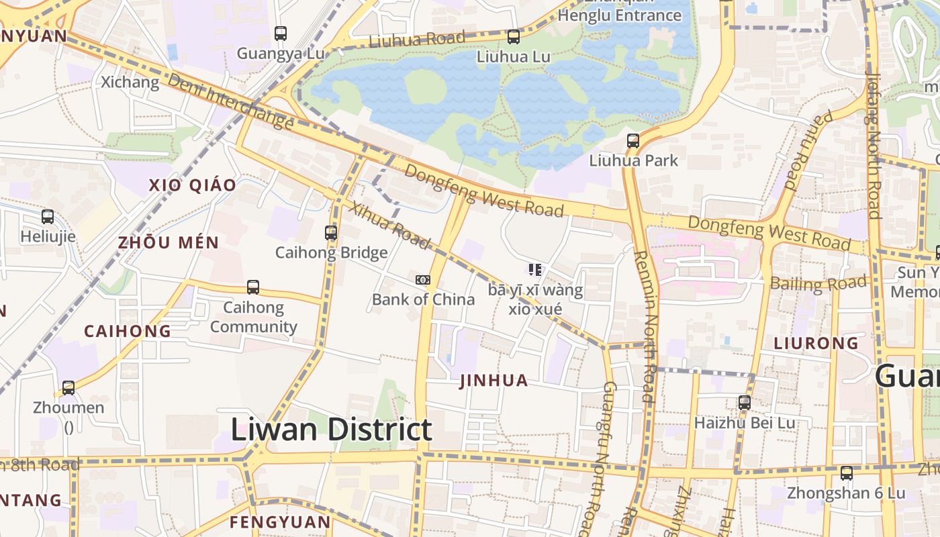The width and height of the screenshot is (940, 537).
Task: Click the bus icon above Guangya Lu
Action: (281, 33)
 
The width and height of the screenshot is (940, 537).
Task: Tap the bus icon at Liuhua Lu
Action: (514, 37)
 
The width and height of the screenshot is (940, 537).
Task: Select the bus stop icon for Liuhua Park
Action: (633, 141)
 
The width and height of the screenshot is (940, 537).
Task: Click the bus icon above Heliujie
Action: (48, 217)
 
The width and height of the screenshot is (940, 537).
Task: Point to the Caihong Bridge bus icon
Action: (331, 233)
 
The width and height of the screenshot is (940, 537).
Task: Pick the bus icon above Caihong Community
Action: (253, 287)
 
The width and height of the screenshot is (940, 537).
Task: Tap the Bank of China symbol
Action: (423, 280)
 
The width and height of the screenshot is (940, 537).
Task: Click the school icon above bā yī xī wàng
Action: (535, 270)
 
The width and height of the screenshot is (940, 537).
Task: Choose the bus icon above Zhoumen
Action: (68, 388)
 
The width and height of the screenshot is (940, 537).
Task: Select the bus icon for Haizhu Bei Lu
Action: (745, 403)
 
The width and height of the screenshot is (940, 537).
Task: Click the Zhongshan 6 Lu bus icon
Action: (847, 473)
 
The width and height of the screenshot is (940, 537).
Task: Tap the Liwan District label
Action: (332, 430)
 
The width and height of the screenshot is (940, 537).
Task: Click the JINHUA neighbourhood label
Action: (494, 381)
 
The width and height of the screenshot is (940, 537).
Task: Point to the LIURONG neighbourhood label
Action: (816, 343)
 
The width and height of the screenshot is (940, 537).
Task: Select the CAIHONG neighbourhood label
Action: (128, 331)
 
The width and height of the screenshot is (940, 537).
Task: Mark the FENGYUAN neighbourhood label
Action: (280, 522)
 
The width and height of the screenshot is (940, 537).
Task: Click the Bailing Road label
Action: (818, 283)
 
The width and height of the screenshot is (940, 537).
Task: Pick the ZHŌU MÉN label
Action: (169, 242)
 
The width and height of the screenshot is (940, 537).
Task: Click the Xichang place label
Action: (130, 83)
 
